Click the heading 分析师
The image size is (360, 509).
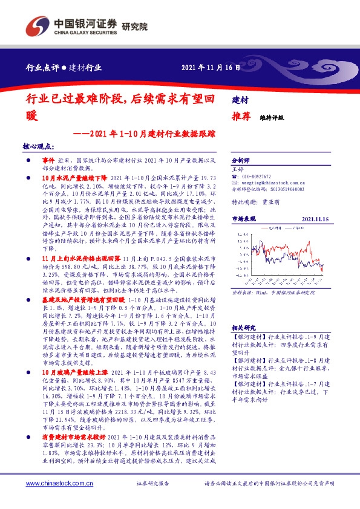point(241,161)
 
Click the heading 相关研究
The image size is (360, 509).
point(244,327)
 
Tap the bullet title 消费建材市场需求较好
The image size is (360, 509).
point(74,436)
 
